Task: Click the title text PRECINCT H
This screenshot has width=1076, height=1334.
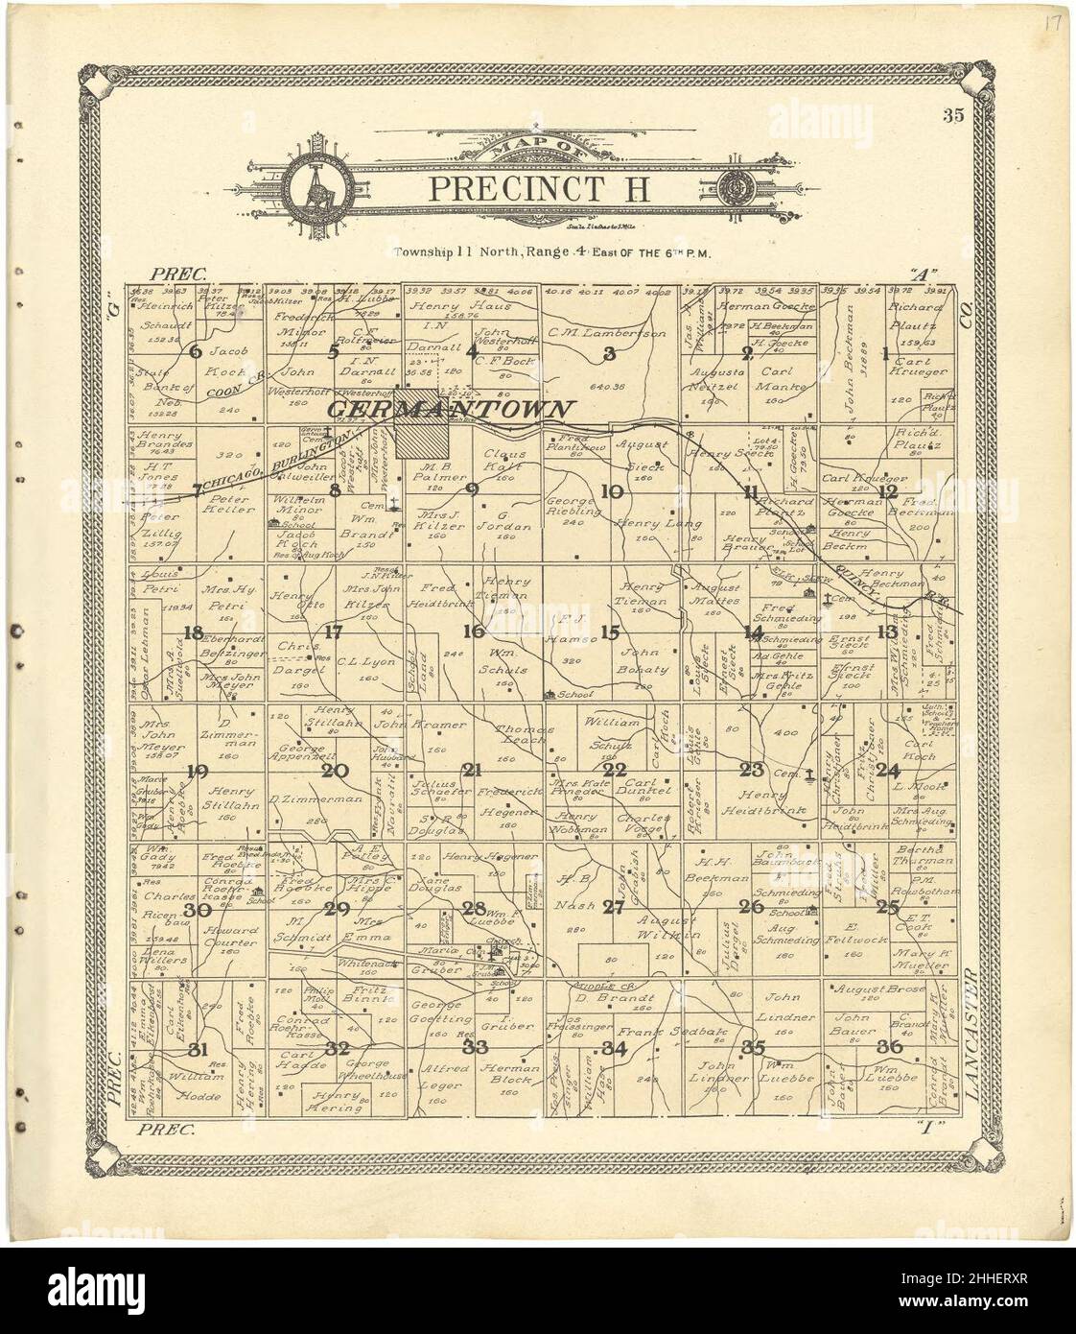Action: pos(538,187)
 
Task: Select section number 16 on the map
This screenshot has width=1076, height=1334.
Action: pos(473,631)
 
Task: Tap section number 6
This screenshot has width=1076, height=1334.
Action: pos(196,351)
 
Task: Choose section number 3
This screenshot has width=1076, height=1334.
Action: pos(608,353)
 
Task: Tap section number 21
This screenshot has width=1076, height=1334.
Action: pos(471,770)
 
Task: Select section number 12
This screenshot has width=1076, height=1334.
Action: pos(888,492)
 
